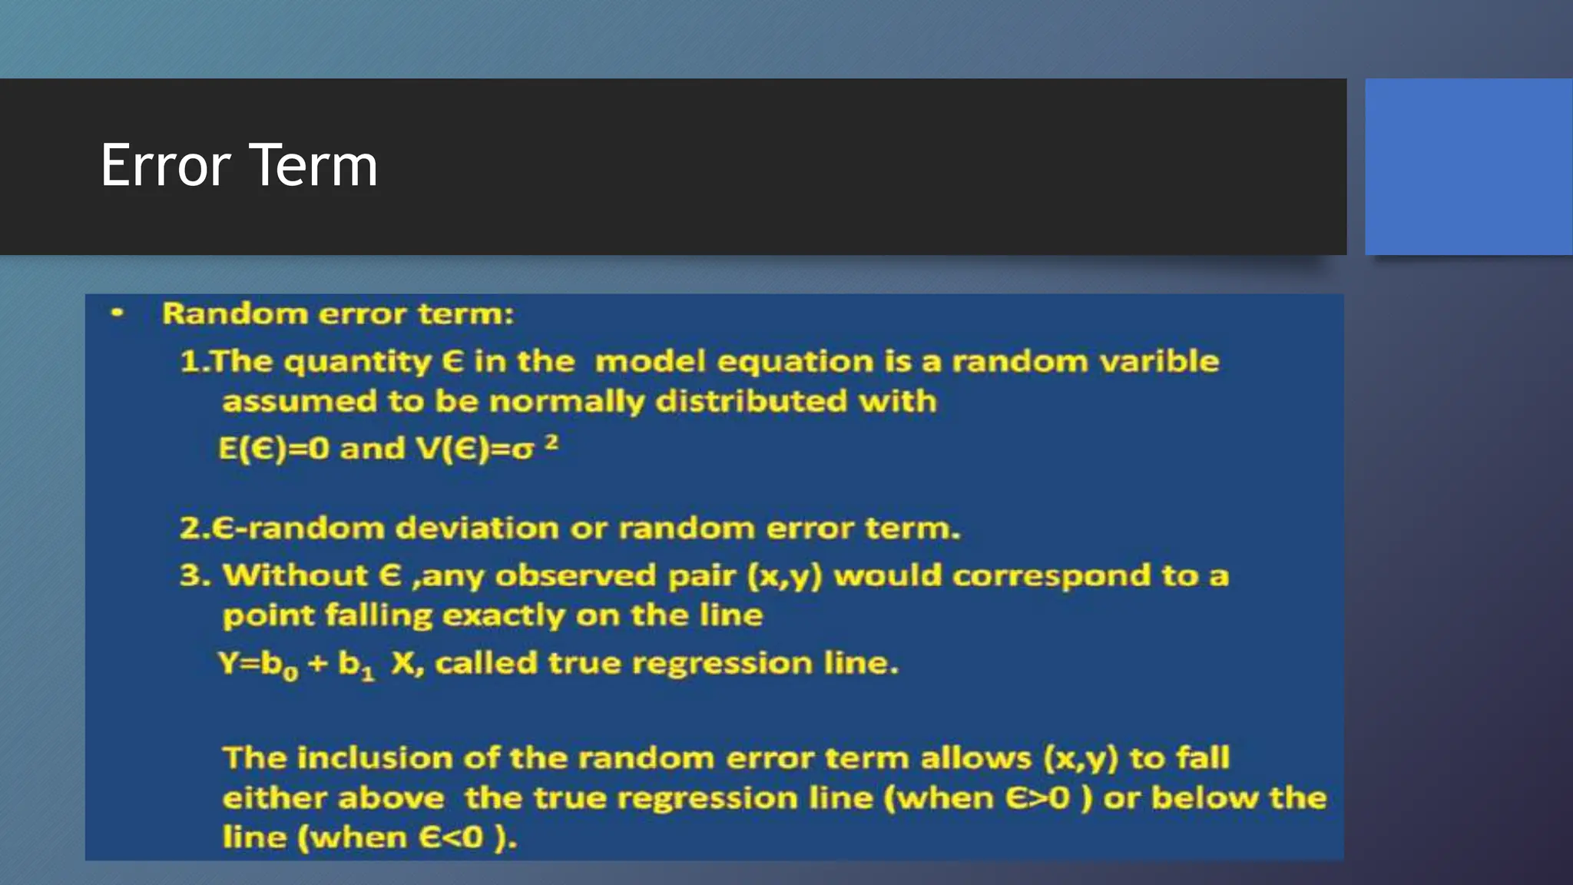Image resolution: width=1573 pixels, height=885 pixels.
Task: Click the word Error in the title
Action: point(165,165)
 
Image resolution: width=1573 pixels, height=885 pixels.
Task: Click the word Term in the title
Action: point(313,165)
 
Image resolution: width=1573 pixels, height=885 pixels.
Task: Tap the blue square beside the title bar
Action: point(1469,166)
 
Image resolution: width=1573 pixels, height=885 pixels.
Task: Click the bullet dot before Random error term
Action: point(117,313)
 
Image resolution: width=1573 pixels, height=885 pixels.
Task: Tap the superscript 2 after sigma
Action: point(551,442)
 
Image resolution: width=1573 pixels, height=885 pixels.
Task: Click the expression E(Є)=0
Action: point(273,449)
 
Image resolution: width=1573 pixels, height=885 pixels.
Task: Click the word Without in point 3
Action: point(295,575)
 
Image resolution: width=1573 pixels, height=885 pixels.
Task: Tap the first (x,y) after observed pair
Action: point(784,576)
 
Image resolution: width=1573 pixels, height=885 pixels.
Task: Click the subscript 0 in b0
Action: point(290,674)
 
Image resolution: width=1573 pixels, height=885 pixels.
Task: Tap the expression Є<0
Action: point(451,837)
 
